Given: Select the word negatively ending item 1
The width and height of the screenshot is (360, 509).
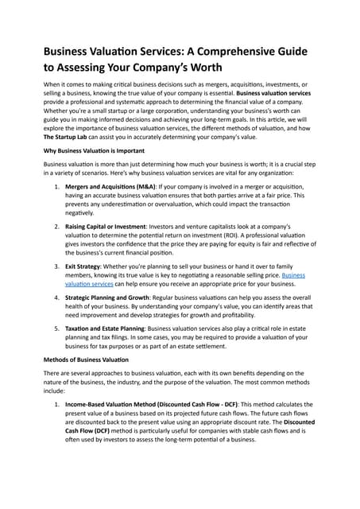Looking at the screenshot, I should tap(85, 213).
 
